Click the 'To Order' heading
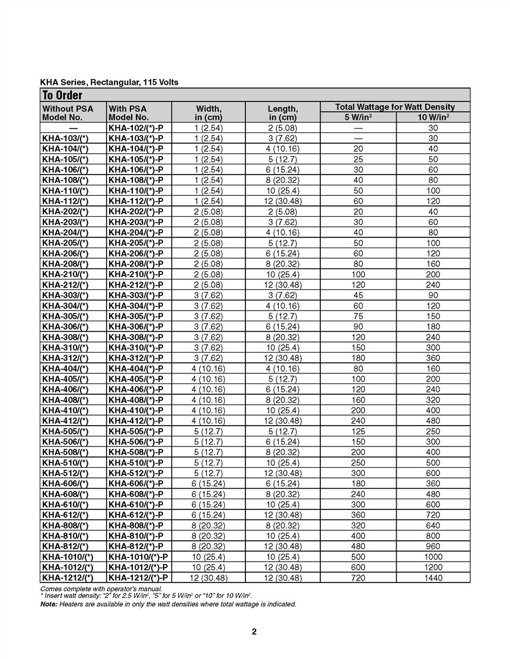[x=62, y=96]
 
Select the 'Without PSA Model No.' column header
[x=68, y=113]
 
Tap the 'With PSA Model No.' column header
[x=128, y=113]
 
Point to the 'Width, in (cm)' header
[x=208, y=113]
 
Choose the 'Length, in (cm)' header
[x=282, y=113]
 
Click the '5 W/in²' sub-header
[x=358, y=117]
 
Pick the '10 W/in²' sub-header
[x=432, y=117]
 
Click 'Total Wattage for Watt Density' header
[x=395, y=107]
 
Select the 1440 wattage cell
[x=432, y=578]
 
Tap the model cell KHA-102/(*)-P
[x=136, y=128]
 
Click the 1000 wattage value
[x=432, y=557]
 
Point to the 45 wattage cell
[x=358, y=295]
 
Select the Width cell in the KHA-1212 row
[x=208, y=578]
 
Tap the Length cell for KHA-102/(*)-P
[x=282, y=128]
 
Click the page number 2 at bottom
[x=254, y=632]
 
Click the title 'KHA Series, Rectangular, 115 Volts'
[x=109, y=82]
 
